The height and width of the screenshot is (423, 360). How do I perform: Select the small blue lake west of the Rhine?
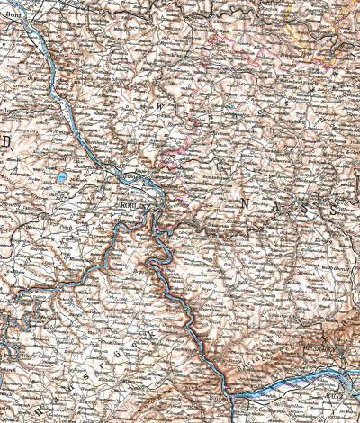pos(60,177)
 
